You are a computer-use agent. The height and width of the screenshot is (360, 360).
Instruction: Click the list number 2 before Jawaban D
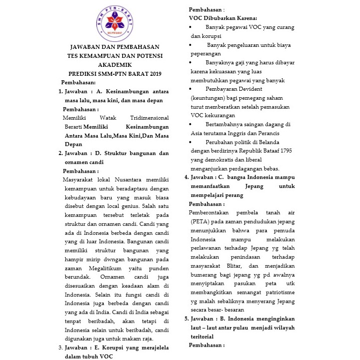[x=61, y=154]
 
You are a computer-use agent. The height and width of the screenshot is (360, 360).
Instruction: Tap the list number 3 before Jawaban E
[x=61, y=348]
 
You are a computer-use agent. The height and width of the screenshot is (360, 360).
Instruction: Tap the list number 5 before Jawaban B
[x=186, y=319]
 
